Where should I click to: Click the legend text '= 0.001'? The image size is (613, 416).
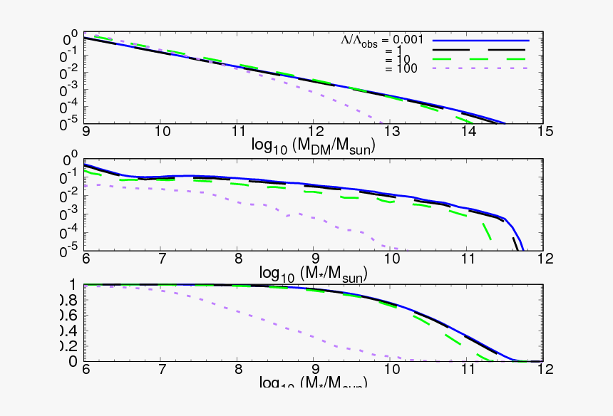tap(406, 40)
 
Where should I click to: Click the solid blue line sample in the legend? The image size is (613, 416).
tap(481, 40)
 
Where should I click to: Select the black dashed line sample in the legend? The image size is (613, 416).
tap(481, 50)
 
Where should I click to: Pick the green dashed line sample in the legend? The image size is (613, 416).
tap(481, 59)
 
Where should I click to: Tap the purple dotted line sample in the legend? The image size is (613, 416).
tap(481, 68)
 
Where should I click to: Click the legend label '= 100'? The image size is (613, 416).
tap(400, 68)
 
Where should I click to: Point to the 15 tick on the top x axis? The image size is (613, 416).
tap(545, 131)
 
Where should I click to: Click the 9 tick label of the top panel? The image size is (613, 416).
tap(86, 131)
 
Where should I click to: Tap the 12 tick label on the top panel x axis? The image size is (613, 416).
tap(315, 131)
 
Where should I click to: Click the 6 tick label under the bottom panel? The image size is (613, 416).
tap(86, 370)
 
